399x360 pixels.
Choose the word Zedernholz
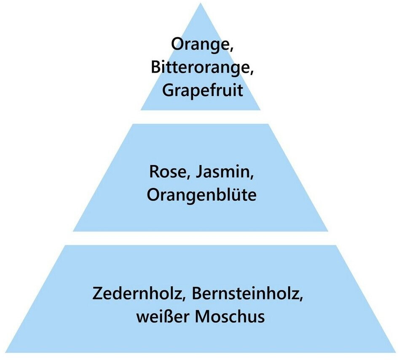pos(138,293)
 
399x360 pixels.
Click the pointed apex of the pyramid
pos(201,4)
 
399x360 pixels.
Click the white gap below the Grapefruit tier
pos(201,117)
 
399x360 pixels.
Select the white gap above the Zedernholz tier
pos(201,238)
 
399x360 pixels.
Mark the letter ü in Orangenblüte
pos(236,196)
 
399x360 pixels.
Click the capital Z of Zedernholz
pos(98,293)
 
